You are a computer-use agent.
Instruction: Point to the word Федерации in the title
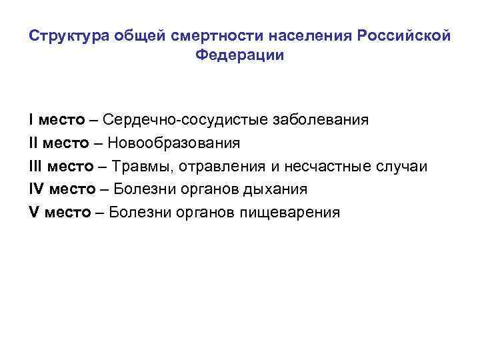point(240,55)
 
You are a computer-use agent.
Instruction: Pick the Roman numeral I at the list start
point(31,120)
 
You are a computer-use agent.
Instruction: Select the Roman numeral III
point(35,166)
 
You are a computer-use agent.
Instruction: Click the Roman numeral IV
point(36,189)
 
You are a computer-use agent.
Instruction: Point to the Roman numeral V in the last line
point(33,213)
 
